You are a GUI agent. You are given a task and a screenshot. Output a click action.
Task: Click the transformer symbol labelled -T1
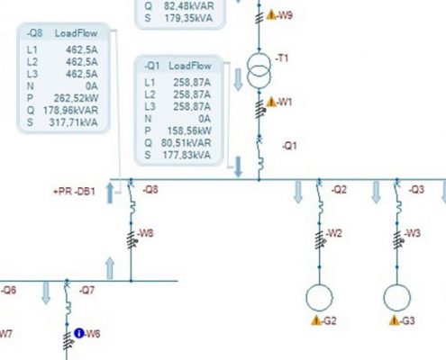pos(259,71)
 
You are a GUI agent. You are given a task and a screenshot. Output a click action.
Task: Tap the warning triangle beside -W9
pos(271,14)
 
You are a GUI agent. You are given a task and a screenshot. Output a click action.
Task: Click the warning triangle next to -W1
pos(271,102)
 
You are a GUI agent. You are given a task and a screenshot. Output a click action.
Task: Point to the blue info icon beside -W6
pos(79,333)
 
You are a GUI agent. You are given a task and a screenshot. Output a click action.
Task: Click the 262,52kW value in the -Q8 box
pos(76,98)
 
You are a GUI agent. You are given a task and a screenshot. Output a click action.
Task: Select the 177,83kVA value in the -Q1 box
pos(187,155)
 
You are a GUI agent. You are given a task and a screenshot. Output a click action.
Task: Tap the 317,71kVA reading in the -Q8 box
pos(74,122)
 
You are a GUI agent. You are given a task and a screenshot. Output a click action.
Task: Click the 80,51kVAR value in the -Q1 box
pos(186,143)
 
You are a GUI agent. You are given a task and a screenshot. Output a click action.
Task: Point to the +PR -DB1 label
pos(74,192)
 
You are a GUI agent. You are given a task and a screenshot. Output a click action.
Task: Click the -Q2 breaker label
pos(339,190)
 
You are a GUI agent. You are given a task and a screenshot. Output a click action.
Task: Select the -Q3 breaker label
pos(416,190)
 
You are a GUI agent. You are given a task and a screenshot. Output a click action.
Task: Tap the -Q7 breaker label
pos(86,290)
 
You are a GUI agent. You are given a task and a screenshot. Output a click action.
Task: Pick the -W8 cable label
pos(145,233)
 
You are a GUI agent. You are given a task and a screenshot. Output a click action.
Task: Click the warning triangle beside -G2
pos(316,320)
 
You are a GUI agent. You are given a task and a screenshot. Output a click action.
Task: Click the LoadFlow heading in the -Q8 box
pos(76,33)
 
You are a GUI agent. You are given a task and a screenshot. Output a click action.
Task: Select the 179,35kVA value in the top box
pos(188,18)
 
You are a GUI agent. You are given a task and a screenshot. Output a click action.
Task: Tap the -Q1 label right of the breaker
pos(289,146)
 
